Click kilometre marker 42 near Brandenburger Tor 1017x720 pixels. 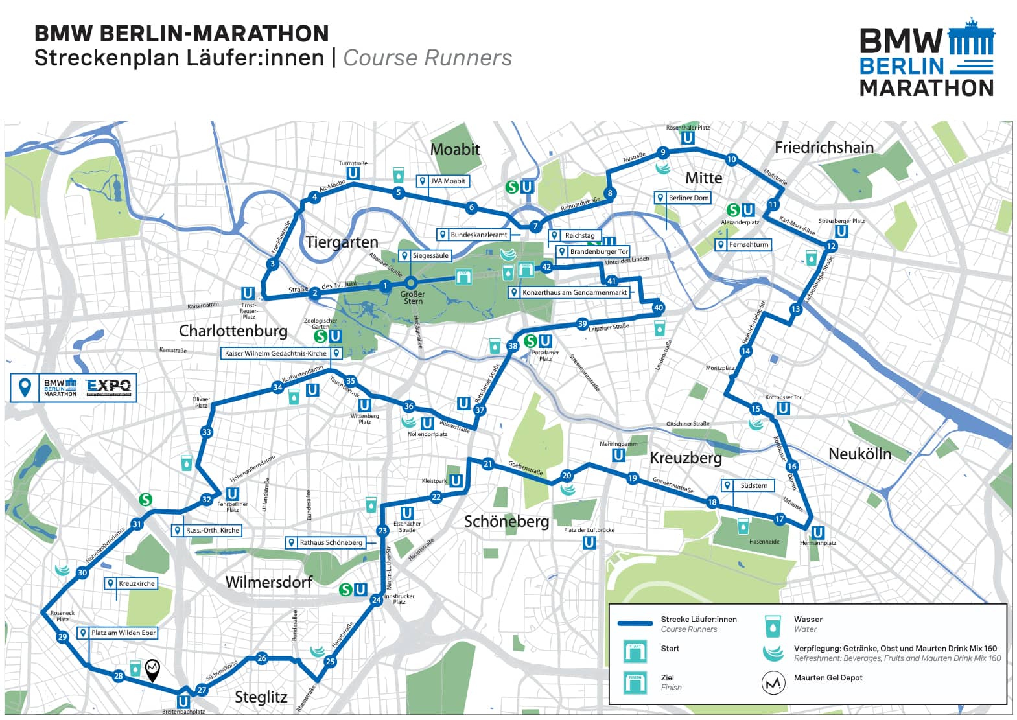tap(546, 267)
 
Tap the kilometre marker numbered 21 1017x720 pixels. tap(488, 464)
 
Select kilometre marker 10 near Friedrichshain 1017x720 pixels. tap(731, 159)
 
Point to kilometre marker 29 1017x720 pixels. tap(62, 637)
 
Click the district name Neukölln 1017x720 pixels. tap(859, 454)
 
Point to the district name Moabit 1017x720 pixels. tap(455, 150)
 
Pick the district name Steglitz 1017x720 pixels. tap(261, 697)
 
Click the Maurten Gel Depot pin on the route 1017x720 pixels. tap(152, 669)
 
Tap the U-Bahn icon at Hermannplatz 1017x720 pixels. tap(818, 533)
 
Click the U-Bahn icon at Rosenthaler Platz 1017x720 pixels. tap(688, 137)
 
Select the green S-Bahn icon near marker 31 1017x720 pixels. tap(146, 499)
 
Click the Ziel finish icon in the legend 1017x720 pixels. tap(635, 682)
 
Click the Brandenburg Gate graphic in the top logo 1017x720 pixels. tap(970, 38)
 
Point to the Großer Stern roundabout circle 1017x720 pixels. tap(410, 283)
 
